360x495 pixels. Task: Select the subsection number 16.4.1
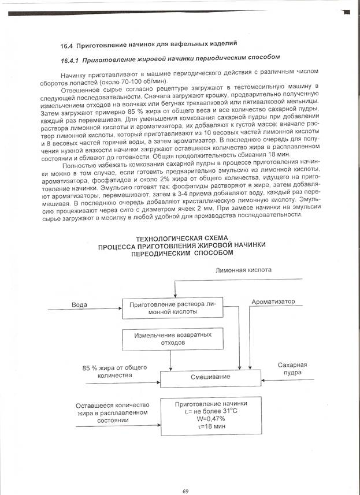71,59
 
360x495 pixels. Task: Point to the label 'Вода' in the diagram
79,304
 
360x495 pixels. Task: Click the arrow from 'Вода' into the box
87,310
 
